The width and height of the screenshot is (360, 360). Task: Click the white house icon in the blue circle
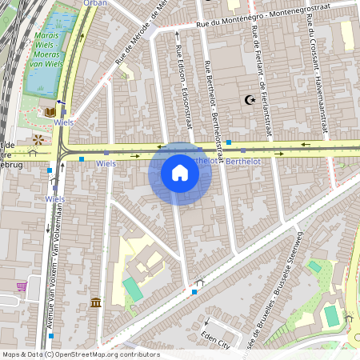180,174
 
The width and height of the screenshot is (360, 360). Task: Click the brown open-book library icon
50,112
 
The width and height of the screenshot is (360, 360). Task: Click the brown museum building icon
96,302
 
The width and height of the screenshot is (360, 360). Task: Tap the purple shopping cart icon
21,285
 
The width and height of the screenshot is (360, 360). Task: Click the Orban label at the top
94,3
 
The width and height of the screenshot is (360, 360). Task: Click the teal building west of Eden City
133,289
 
